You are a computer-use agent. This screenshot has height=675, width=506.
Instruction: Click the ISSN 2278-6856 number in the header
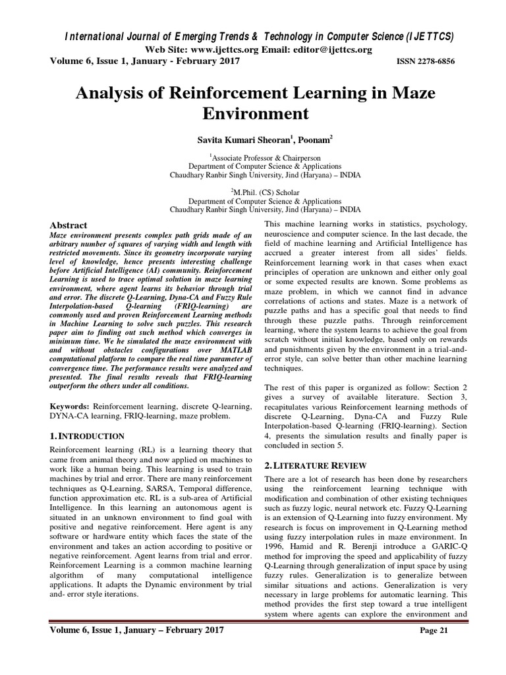pyautogui.click(x=425, y=61)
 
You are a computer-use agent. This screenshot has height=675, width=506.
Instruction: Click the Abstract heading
pyautogui.click(x=69, y=225)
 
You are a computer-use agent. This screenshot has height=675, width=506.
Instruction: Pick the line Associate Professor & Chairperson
pyautogui.click(x=254, y=158)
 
